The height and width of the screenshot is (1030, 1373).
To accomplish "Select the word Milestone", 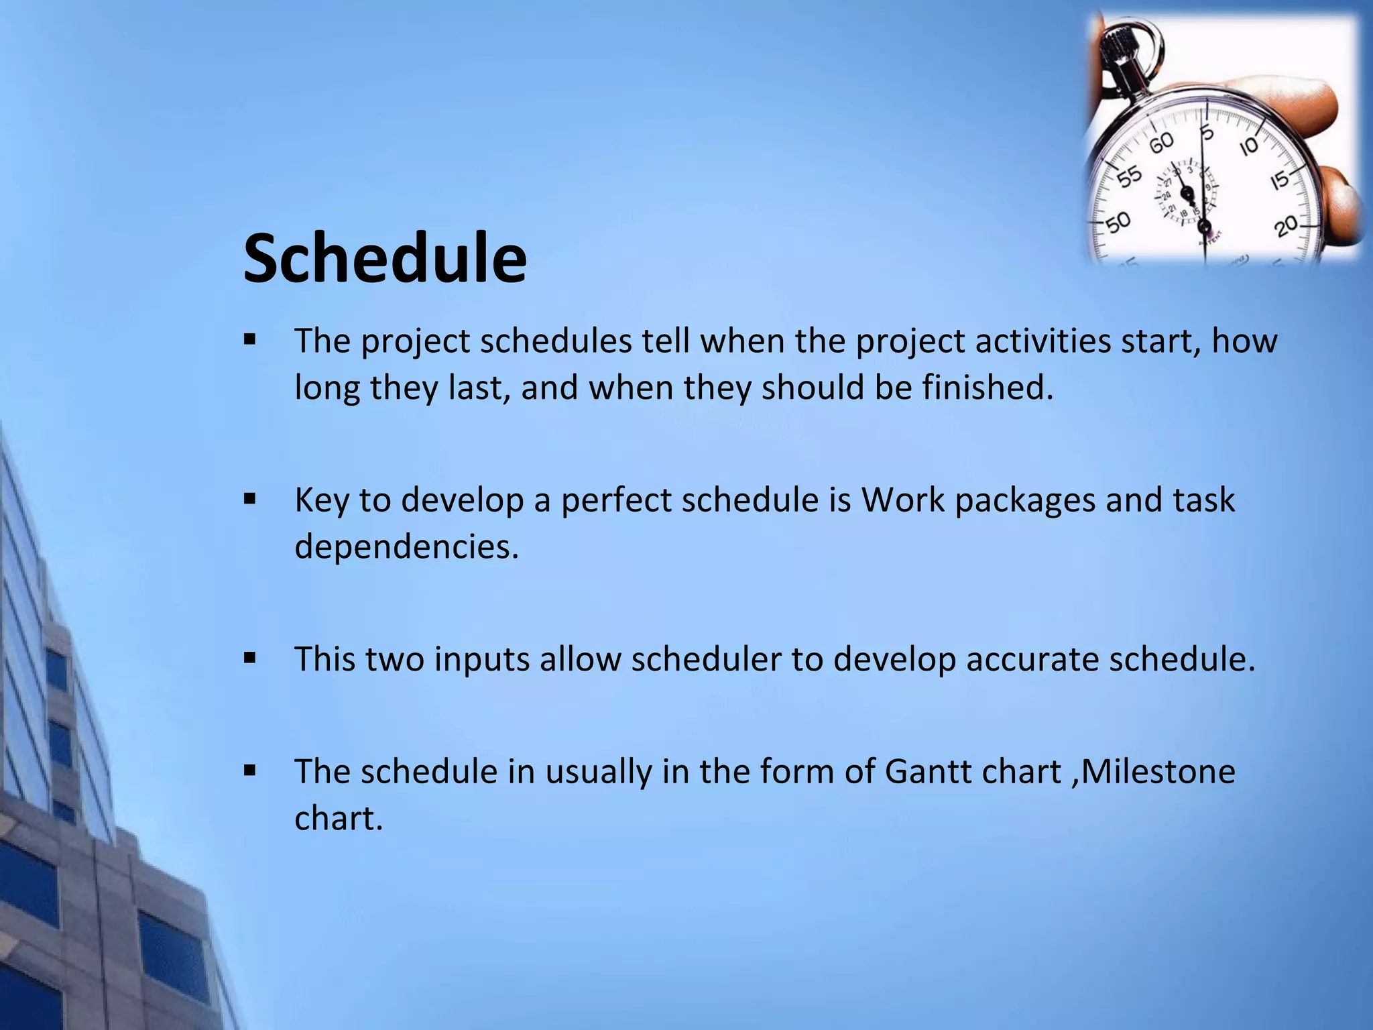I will point(1158,771).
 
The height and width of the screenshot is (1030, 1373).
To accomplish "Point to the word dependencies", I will point(406,547).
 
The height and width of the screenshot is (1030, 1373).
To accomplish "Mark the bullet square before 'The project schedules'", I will point(250,339).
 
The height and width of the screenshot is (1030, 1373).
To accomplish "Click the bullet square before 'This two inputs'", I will point(250,658).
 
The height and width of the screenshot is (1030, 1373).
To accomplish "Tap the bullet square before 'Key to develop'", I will point(250,499).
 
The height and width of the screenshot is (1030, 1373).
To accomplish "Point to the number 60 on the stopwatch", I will point(1162,142).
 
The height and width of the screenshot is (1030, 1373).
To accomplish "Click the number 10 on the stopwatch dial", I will point(1248,146).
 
